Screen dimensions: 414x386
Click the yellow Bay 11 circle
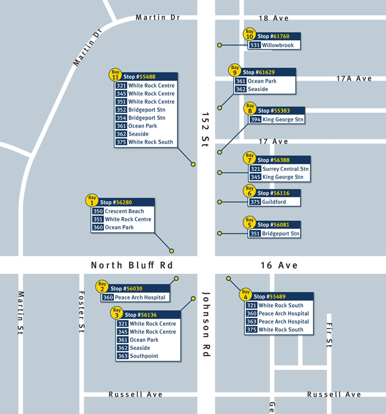pyautogui.click(x=116, y=74)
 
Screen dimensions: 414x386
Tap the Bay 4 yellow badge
pyautogui.click(x=246, y=294)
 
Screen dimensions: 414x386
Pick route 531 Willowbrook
pyautogui.click(x=274, y=45)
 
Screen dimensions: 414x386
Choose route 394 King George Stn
pyautogui.click(x=277, y=120)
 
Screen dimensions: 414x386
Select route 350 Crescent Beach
pyautogui.click(x=118, y=211)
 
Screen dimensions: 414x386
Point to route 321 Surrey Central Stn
pyautogui.click(x=279, y=169)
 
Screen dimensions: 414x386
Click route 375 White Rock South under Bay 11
pyautogui.click(x=145, y=142)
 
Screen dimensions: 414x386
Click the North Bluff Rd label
pyautogui.click(x=132, y=265)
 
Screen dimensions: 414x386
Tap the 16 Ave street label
pyautogui.click(x=279, y=265)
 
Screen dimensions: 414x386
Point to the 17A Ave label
pyautogui.click(x=354, y=78)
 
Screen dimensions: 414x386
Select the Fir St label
pyautogui.click(x=330, y=335)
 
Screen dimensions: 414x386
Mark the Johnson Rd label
pyautogui.click(x=206, y=324)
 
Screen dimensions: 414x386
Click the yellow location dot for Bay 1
pyautogui.click(x=171, y=251)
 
